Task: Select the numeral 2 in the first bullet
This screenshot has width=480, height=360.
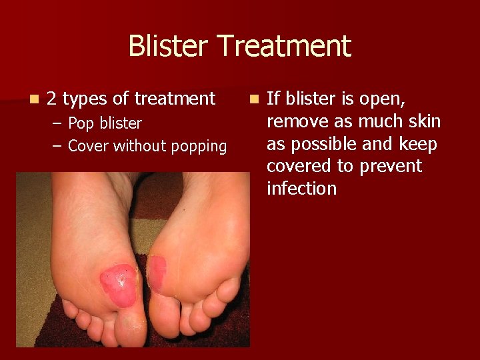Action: (51, 99)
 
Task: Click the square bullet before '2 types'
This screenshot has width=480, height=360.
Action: (33, 99)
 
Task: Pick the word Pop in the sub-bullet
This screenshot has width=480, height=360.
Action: (81, 123)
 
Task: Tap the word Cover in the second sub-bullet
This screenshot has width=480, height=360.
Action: (89, 146)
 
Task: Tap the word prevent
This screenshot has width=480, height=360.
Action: (390, 166)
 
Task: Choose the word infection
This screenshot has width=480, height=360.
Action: (301, 189)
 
